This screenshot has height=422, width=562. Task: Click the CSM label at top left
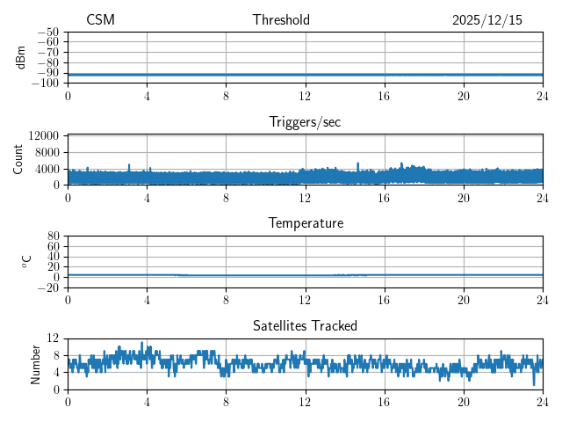point(100,20)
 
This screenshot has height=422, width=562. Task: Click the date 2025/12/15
point(486,20)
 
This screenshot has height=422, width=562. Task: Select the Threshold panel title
point(281,20)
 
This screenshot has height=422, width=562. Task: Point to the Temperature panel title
point(305,223)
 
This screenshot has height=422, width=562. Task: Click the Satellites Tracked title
point(305,325)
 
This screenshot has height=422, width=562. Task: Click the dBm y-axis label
point(21,57)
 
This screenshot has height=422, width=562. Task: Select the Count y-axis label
point(18,159)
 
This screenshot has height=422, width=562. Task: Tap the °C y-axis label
point(26,261)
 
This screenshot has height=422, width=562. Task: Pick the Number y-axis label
point(36,362)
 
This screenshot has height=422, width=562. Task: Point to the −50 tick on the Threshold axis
point(47,32)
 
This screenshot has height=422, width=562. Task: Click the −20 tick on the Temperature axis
point(47,287)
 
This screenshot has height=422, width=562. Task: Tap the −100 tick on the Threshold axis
point(45,84)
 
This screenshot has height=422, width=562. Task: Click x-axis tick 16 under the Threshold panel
point(385,96)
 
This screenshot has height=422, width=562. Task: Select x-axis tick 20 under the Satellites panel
point(464,402)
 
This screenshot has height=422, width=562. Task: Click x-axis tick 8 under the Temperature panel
point(226,300)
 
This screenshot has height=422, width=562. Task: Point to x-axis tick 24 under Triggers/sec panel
point(543,198)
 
